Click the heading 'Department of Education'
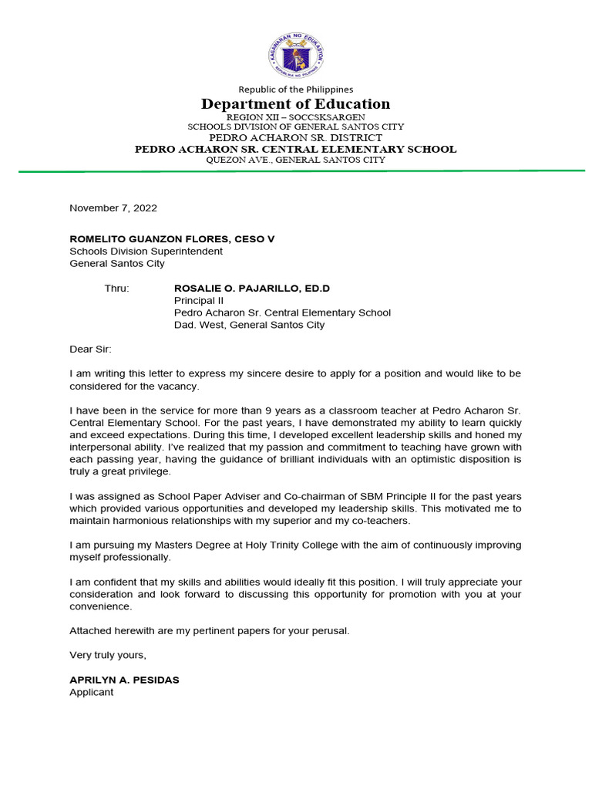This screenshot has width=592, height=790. click(x=295, y=104)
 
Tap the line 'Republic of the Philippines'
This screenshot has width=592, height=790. click(x=295, y=89)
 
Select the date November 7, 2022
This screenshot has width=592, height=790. click(x=113, y=208)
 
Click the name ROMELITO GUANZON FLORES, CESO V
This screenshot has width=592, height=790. click(x=172, y=239)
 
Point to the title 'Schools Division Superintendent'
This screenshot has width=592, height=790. click(x=146, y=252)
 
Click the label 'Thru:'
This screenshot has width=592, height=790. click(x=117, y=289)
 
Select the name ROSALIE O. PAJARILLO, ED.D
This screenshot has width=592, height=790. click(x=251, y=289)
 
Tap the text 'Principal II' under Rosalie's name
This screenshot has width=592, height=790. click(x=199, y=301)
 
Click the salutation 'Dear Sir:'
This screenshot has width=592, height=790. click(x=91, y=349)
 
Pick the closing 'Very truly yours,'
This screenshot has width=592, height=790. click(x=108, y=655)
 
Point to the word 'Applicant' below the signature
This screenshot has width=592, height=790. click(x=91, y=692)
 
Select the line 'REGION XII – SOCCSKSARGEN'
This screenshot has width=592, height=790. click(x=295, y=116)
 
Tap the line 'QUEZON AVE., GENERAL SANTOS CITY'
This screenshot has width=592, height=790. click(x=295, y=160)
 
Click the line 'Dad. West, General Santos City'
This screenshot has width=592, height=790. click(x=249, y=325)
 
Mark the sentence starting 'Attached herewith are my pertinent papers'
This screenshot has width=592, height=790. click(x=210, y=631)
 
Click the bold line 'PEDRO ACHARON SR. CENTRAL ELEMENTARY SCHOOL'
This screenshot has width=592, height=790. click(x=295, y=149)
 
